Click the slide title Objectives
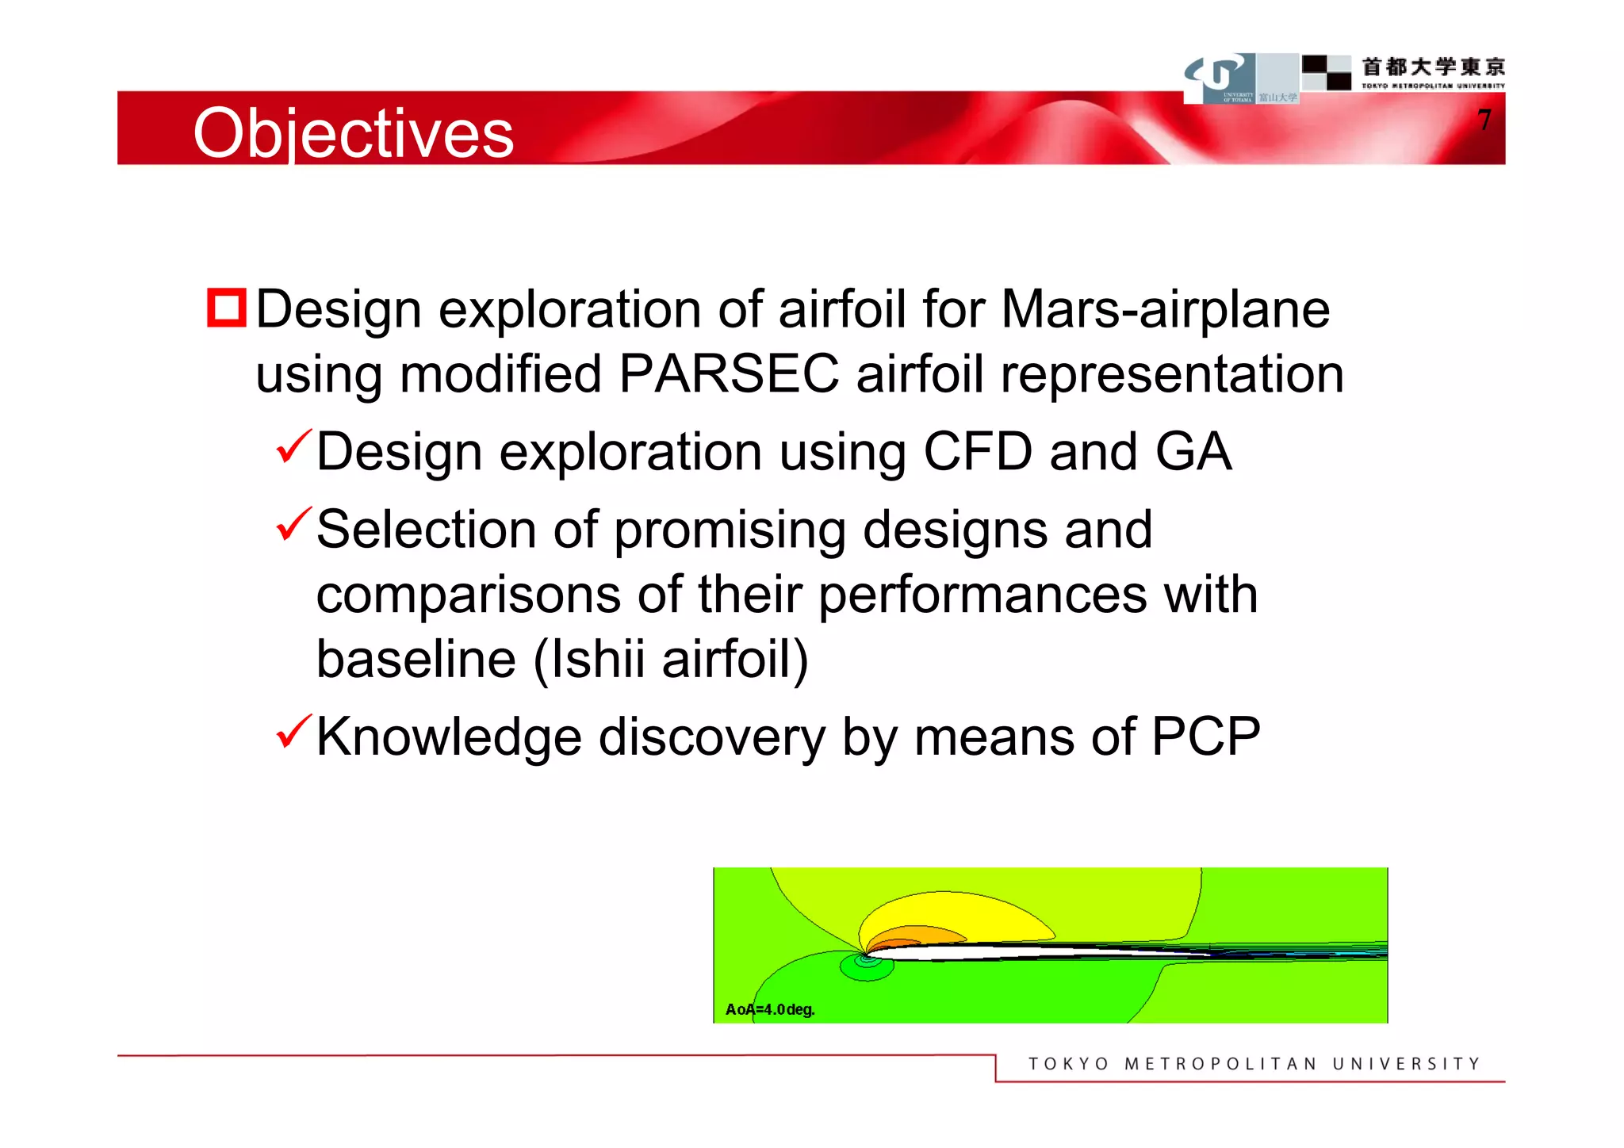(x=354, y=133)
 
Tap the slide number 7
(x=1484, y=121)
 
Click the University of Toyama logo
(x=1220, y=78)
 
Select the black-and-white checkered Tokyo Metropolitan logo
(x=1327, y=72)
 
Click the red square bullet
(x=227, y=308)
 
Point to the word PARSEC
(x=728, y=373)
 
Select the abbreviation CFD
(x=978, y=452)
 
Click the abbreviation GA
(x=1193, y=452)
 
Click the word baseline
(x=416, y=659)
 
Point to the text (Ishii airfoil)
(x=671, y=659)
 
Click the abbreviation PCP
(x=1205, y=737)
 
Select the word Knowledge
(x=449, y=737)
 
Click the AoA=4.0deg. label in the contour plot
(x=769, y=1009)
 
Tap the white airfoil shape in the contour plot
(x=1031, y=951)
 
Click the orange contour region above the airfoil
(x=924, y=934)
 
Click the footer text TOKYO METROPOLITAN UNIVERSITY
(x=1254, y=1064)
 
